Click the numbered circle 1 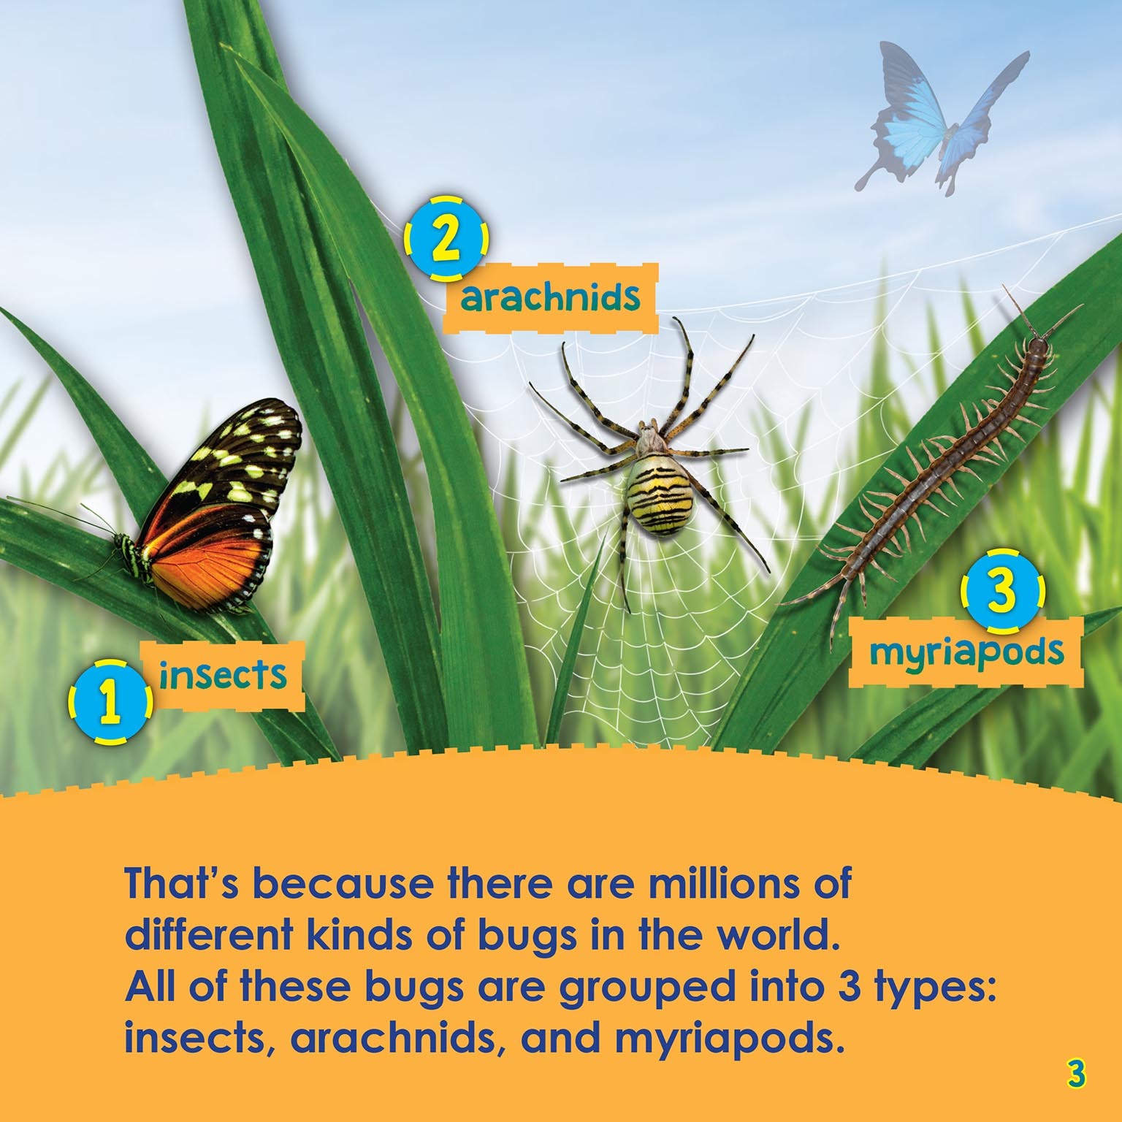pos(111,703)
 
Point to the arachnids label pos(552,297)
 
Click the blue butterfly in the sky pos(942,120)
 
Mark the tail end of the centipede pos(785,603)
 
